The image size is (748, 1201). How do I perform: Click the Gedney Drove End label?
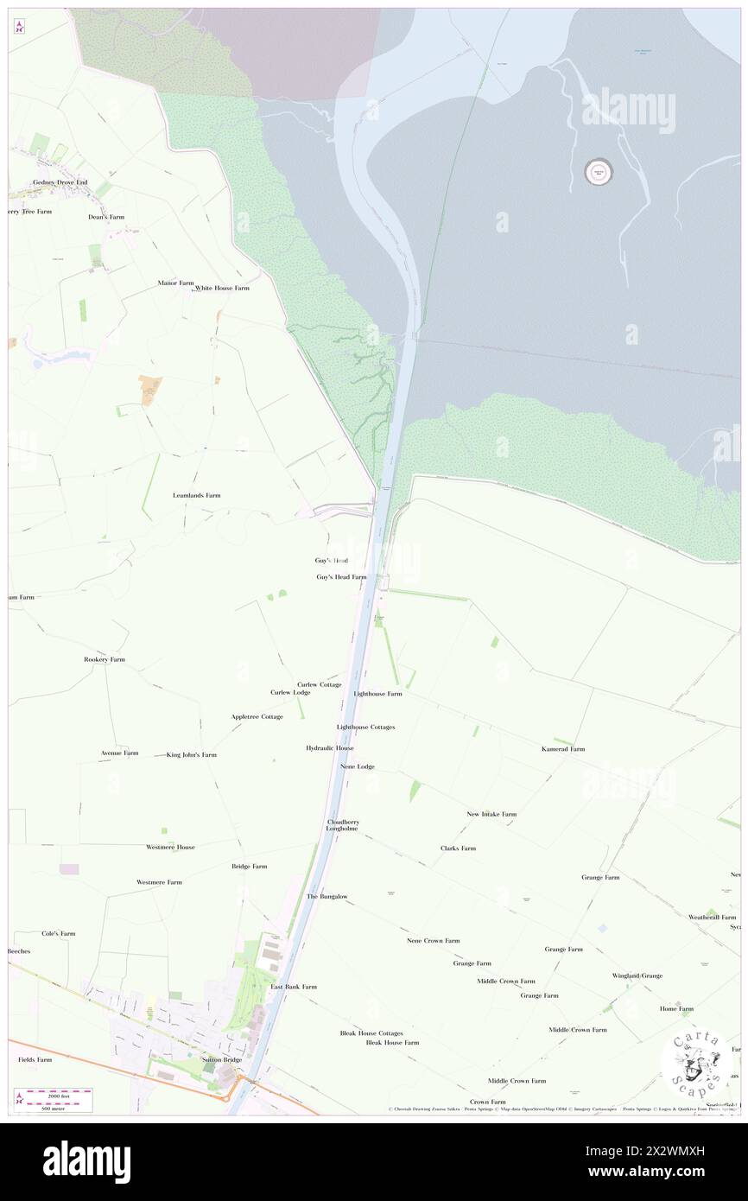tap(60, 182)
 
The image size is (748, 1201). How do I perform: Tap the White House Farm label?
tap(222, 288)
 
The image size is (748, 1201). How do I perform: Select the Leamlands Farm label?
tap(197, 495)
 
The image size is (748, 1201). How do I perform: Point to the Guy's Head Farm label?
tap(341, 576)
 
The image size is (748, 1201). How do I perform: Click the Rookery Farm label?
tap(105, 659)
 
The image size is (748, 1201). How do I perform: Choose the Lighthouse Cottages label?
tap(365, 727)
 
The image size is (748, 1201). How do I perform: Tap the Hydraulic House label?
tap(330, 747)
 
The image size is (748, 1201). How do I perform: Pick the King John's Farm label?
tap(192, 754)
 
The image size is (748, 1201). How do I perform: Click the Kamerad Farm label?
tap(563, 748)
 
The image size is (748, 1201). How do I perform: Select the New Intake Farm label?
tap(491, 814)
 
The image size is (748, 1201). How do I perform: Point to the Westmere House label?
tap(170, 847)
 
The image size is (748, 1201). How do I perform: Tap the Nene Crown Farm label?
tap(434, 940)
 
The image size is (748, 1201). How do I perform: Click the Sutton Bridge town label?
tap(222, 1058)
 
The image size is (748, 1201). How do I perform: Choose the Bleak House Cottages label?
tap(371, 1033)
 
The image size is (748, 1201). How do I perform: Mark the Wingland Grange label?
tap(637, 975)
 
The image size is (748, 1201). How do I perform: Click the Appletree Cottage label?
tap(257, 716)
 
